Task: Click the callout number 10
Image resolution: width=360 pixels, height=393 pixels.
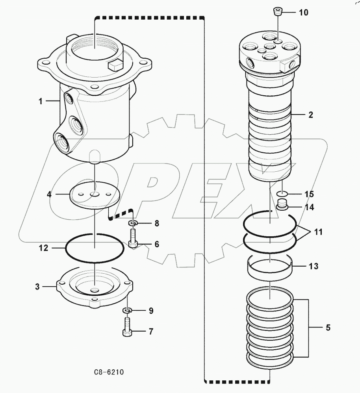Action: pos(303,12)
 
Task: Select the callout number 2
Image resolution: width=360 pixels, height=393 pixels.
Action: pos(310,115)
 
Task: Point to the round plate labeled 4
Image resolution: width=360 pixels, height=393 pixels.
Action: pos(95,195)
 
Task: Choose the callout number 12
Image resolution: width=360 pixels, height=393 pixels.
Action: pos(43,248)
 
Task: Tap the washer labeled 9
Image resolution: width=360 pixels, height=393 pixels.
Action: pos(127,311)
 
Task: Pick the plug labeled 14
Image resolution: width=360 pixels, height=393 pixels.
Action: pos(282,205)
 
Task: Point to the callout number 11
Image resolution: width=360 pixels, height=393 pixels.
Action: pos(318,232)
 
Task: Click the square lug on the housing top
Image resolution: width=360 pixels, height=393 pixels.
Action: pos(115,65)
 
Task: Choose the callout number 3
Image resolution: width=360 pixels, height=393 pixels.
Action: pos(37,287)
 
